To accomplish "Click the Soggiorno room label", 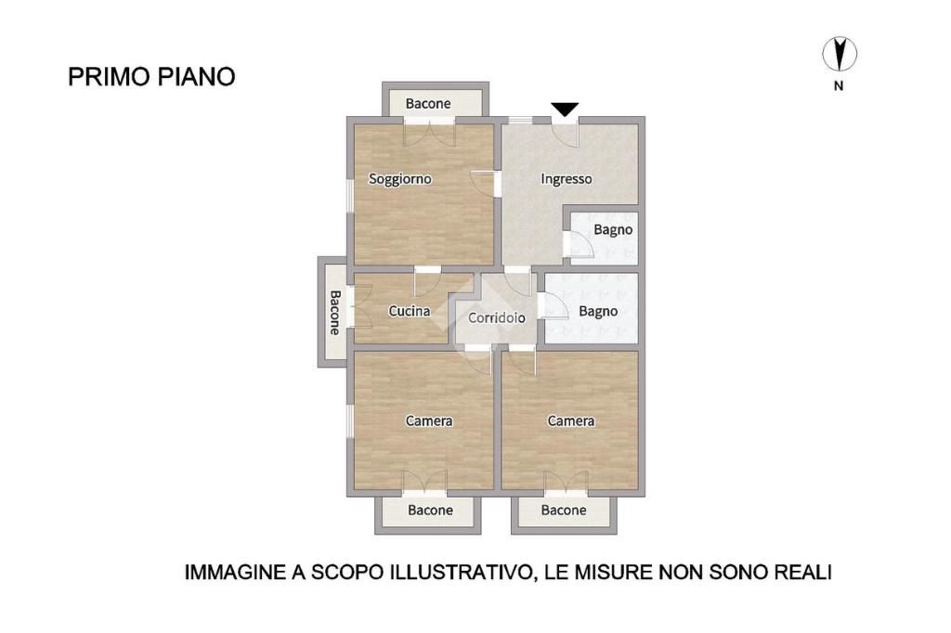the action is pyautogui.click(x=399, y=179).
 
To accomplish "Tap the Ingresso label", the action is pyautogui.click(x=566, y=179).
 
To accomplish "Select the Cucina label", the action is pyautogui.click(x=410, y=311).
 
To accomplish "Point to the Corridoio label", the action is pyautogui.click(x=497, y=317).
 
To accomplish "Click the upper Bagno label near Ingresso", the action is pyautogui.click(x=613, y=230).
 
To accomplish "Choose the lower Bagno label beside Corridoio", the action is pyautogui.click(x=598, y=312).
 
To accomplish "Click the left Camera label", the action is pyautogui.click(x=429, y=420).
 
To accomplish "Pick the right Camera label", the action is pyautogui.click(x=571, y=420).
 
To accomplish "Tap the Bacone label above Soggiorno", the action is pyautogui.click(x=428, y=104).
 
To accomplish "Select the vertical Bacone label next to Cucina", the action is pyautogui.click(x=334, y=312).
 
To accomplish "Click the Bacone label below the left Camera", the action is pyautogui.click(x=430, y=510).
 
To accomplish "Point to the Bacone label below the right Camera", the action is pyautogui.click(x=564, y=510).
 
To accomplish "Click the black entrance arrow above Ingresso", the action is pyautogui.click(x=565, y=110).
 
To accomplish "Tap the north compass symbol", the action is pyautogui.click(x=840, y=53).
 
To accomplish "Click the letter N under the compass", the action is pyautogui.click(x=839, y=86).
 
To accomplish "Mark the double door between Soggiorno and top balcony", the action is pyautogui.click(x=429, y=133).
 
